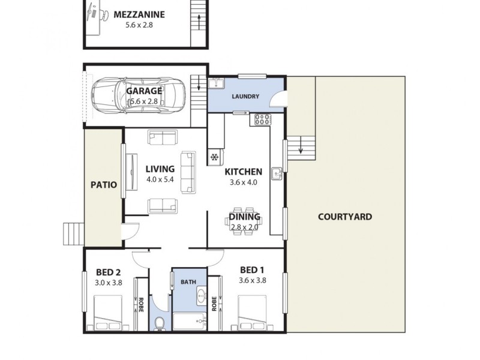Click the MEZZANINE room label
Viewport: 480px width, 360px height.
pyautogui.click(x=139, y=15)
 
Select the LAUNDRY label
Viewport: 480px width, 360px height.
pyautogui.click(x=245, y=97)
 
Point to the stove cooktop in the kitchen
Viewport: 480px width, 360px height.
pyautogui.click(x=262, y=119)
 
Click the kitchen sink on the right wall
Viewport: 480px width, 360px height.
pyautogui.click(x=277, y=174)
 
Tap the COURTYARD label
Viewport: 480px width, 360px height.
pyautogui.click(x=344, y=217)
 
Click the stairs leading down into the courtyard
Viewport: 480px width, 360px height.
pyautogui.click(x=302, y=148)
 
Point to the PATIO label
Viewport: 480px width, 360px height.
pyautogui.click(x=103, y=185)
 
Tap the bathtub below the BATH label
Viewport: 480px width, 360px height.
pyautogui.click(x=190, y=321)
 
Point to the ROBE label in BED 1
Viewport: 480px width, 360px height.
pyautogui.click(x=214, y=304)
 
